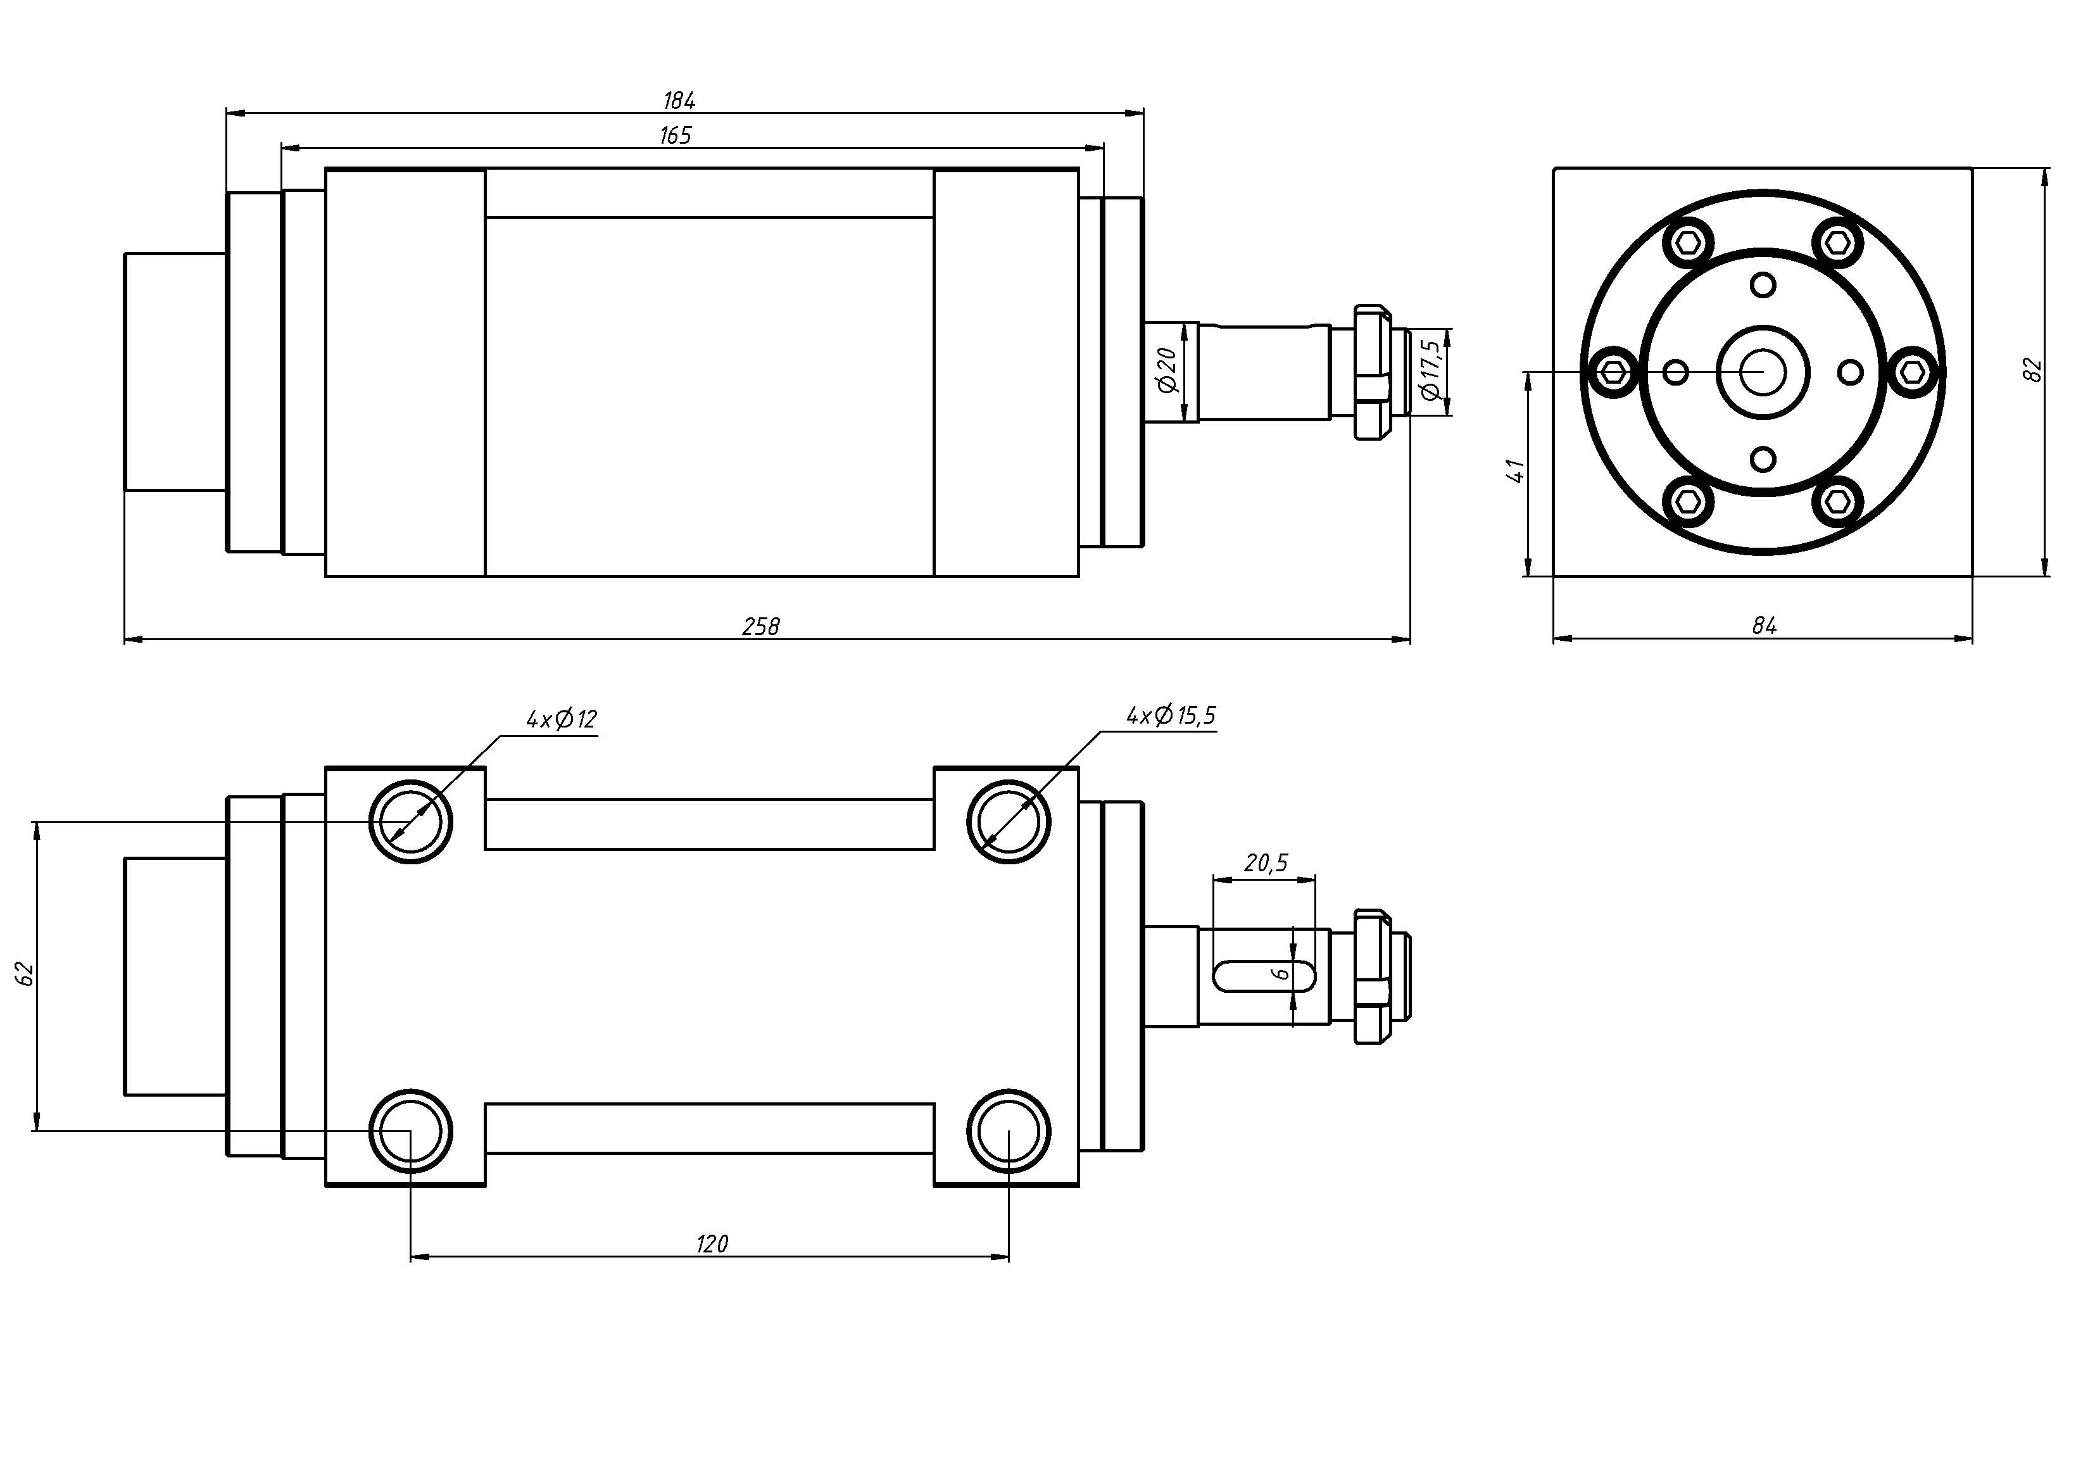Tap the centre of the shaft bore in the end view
(1763, 372)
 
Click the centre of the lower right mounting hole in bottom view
(1009, 1131)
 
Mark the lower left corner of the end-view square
(1554, 577)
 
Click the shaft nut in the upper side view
(1373, 373)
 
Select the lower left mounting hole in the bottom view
(411, 1131)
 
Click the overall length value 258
(761, 626)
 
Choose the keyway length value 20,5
(1266, 862)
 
